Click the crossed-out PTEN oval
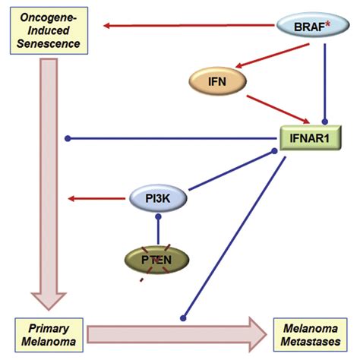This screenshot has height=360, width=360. coord(158,261)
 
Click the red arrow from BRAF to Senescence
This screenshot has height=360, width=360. coord(190,27)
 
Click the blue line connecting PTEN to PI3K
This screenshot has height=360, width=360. coord(158,229)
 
